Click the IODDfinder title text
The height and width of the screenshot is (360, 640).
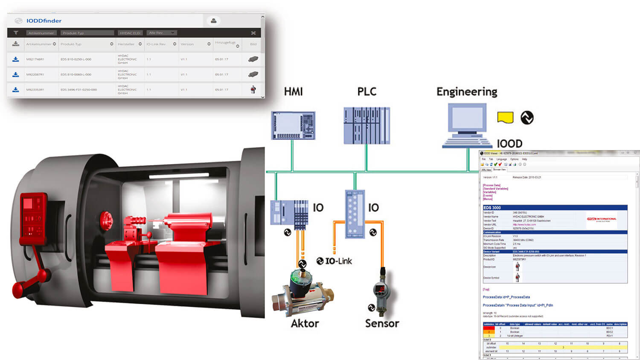tap(44, 20)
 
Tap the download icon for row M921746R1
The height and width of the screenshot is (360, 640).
tap(16, 59)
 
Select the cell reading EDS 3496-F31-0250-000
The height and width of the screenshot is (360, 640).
tap(79, 90)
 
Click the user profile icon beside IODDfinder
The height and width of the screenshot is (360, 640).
tap(213, 20)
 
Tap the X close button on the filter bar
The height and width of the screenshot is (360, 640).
tap(253, 33)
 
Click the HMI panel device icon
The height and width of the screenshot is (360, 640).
tap(293, 125)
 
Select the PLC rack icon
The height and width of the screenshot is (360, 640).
tap(367, 125)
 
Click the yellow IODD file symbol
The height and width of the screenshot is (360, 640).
tap(505, 117)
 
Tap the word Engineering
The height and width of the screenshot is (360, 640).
tap(467, 92)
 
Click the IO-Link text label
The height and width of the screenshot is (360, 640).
tap(338, 261)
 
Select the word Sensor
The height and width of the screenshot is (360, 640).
tap(382, 323)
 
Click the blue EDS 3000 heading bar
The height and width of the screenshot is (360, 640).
tap(555, 208)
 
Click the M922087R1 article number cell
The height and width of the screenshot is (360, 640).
tap(35, 75)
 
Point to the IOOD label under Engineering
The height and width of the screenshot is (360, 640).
tap(509, 144)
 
